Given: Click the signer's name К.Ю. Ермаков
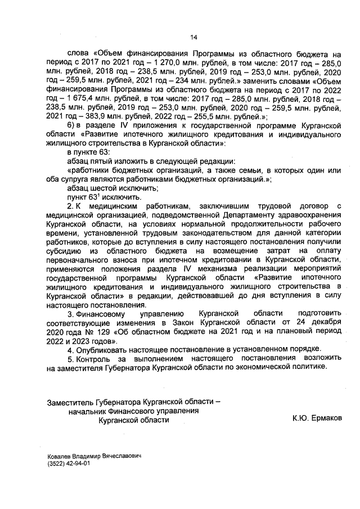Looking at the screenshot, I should click(317, 419).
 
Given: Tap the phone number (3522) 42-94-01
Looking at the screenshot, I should click(69, 465).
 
